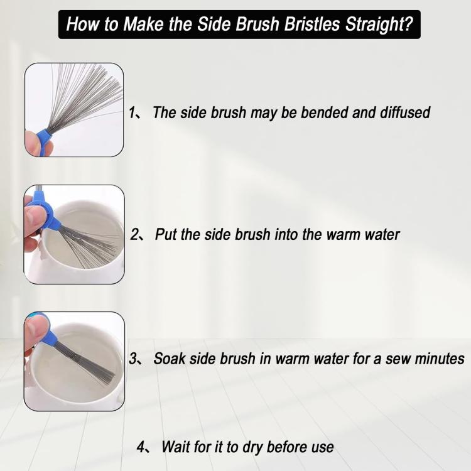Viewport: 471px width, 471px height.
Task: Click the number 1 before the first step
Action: (133, 113)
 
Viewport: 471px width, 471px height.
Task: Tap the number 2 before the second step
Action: (134, 235)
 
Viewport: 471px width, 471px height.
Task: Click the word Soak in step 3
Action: (168, 359)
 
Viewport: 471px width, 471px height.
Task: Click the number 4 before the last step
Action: (141, 447)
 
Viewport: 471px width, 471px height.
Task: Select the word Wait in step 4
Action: (174, 447)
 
